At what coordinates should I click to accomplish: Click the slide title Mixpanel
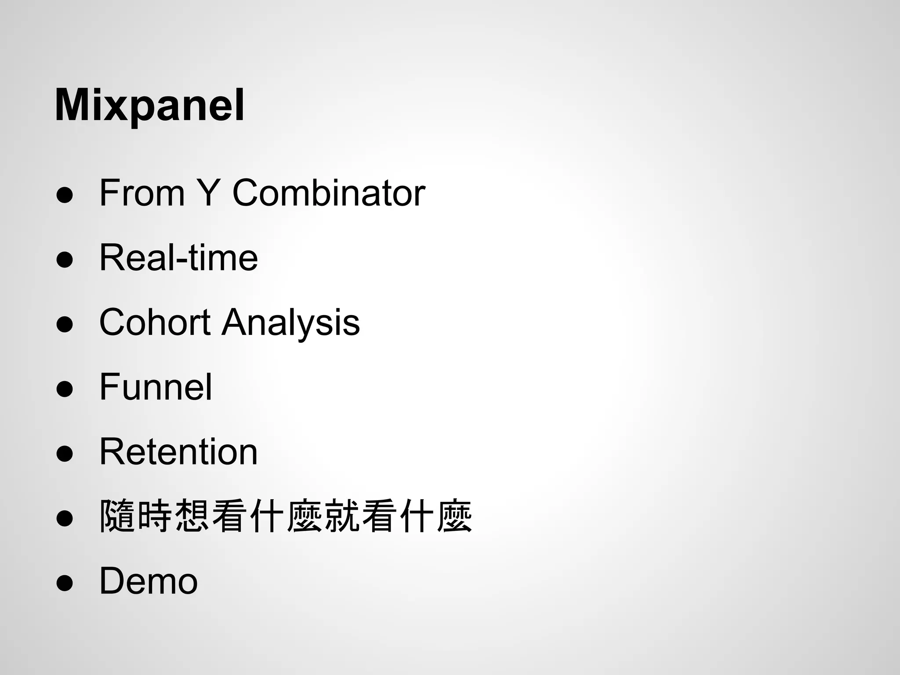click(149, 106)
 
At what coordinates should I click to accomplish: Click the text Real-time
click(178, 258)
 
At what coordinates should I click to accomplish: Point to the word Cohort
click(155, 322)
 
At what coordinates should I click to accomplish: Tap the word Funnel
click(156, 387)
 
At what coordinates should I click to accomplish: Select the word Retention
click(178, 452)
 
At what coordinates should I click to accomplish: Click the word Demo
click(149, 581)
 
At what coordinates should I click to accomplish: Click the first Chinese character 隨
click(117, 516)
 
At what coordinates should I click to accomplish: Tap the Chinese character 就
click(342, 516)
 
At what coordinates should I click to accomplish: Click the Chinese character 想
click(192, 516)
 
